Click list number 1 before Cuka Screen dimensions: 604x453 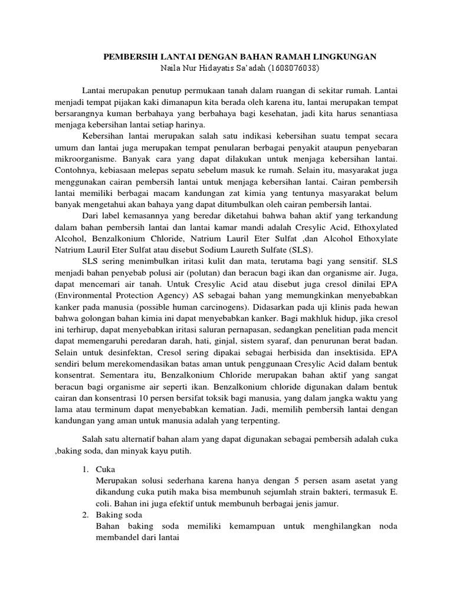(x=86, y=470)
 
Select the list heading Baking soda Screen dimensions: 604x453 (x=118, y=514)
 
